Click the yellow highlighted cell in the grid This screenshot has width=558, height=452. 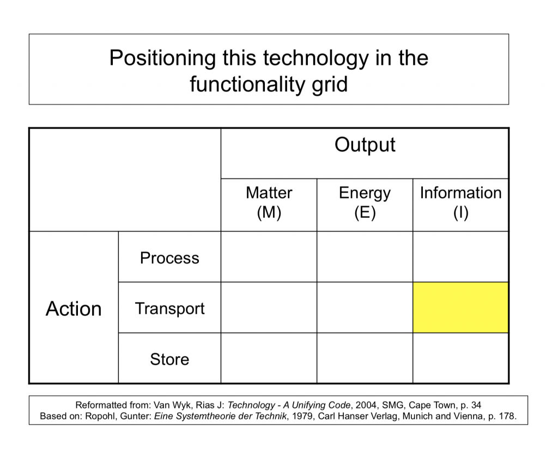click(x=460, y=308)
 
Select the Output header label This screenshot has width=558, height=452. click(x=365, y=145)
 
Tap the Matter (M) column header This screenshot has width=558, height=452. click(x=269, y=203)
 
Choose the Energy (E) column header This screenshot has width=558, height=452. click(x=365, y=203)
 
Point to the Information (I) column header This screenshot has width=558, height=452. click(x=461, y=203)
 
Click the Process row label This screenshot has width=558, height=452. click(x=169, y=258)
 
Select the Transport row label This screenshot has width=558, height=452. click(x=170, y=308)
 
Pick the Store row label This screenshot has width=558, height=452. click(x=169, y=359)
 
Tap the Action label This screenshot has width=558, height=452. click(x=74, y=308)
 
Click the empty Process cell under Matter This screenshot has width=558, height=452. click(x=269, y=256)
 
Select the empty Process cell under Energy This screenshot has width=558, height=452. click(x=365, y=256)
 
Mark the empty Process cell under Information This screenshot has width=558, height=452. click(x=460, y=256)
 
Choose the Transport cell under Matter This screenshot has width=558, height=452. click(x=269, y=308)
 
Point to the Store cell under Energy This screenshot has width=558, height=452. click(x=365, y=358)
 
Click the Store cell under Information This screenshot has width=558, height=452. click(x=460, y=358)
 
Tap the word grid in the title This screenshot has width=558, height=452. click(x=330, y=85)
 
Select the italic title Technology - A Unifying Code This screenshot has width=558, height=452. click(x=289, y=405)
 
